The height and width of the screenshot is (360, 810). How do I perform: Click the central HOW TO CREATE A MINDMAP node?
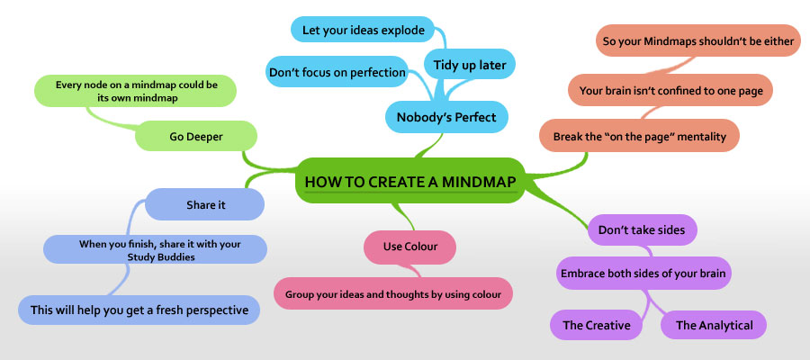[410, 181]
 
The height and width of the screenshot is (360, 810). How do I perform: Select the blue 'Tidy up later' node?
[470, 65]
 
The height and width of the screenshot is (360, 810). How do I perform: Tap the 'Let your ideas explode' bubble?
[364, 30]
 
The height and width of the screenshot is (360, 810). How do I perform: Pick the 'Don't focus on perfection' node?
[337, 72]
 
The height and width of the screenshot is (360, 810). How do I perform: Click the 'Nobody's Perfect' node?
[446, 117]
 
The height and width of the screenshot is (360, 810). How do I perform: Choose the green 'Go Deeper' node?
[196, 137]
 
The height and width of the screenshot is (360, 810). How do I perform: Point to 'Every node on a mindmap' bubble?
[136, 91]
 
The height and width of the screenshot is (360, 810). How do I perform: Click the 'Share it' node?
[205, 204]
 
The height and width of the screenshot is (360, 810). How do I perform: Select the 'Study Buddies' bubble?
[155, 249]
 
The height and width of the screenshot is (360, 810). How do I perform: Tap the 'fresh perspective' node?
[139, 310]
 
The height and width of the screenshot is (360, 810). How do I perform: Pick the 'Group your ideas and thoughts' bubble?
[393, 294]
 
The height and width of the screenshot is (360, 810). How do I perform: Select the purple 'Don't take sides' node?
[643, 229]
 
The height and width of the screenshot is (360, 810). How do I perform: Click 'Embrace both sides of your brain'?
[643, 274]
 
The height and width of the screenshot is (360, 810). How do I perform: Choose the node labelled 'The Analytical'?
[714, 325]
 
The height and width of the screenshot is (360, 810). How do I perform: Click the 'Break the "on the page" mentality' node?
[640, 137]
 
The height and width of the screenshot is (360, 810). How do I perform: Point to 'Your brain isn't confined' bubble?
[670, 90]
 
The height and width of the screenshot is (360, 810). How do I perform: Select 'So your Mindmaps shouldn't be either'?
[697, 40]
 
